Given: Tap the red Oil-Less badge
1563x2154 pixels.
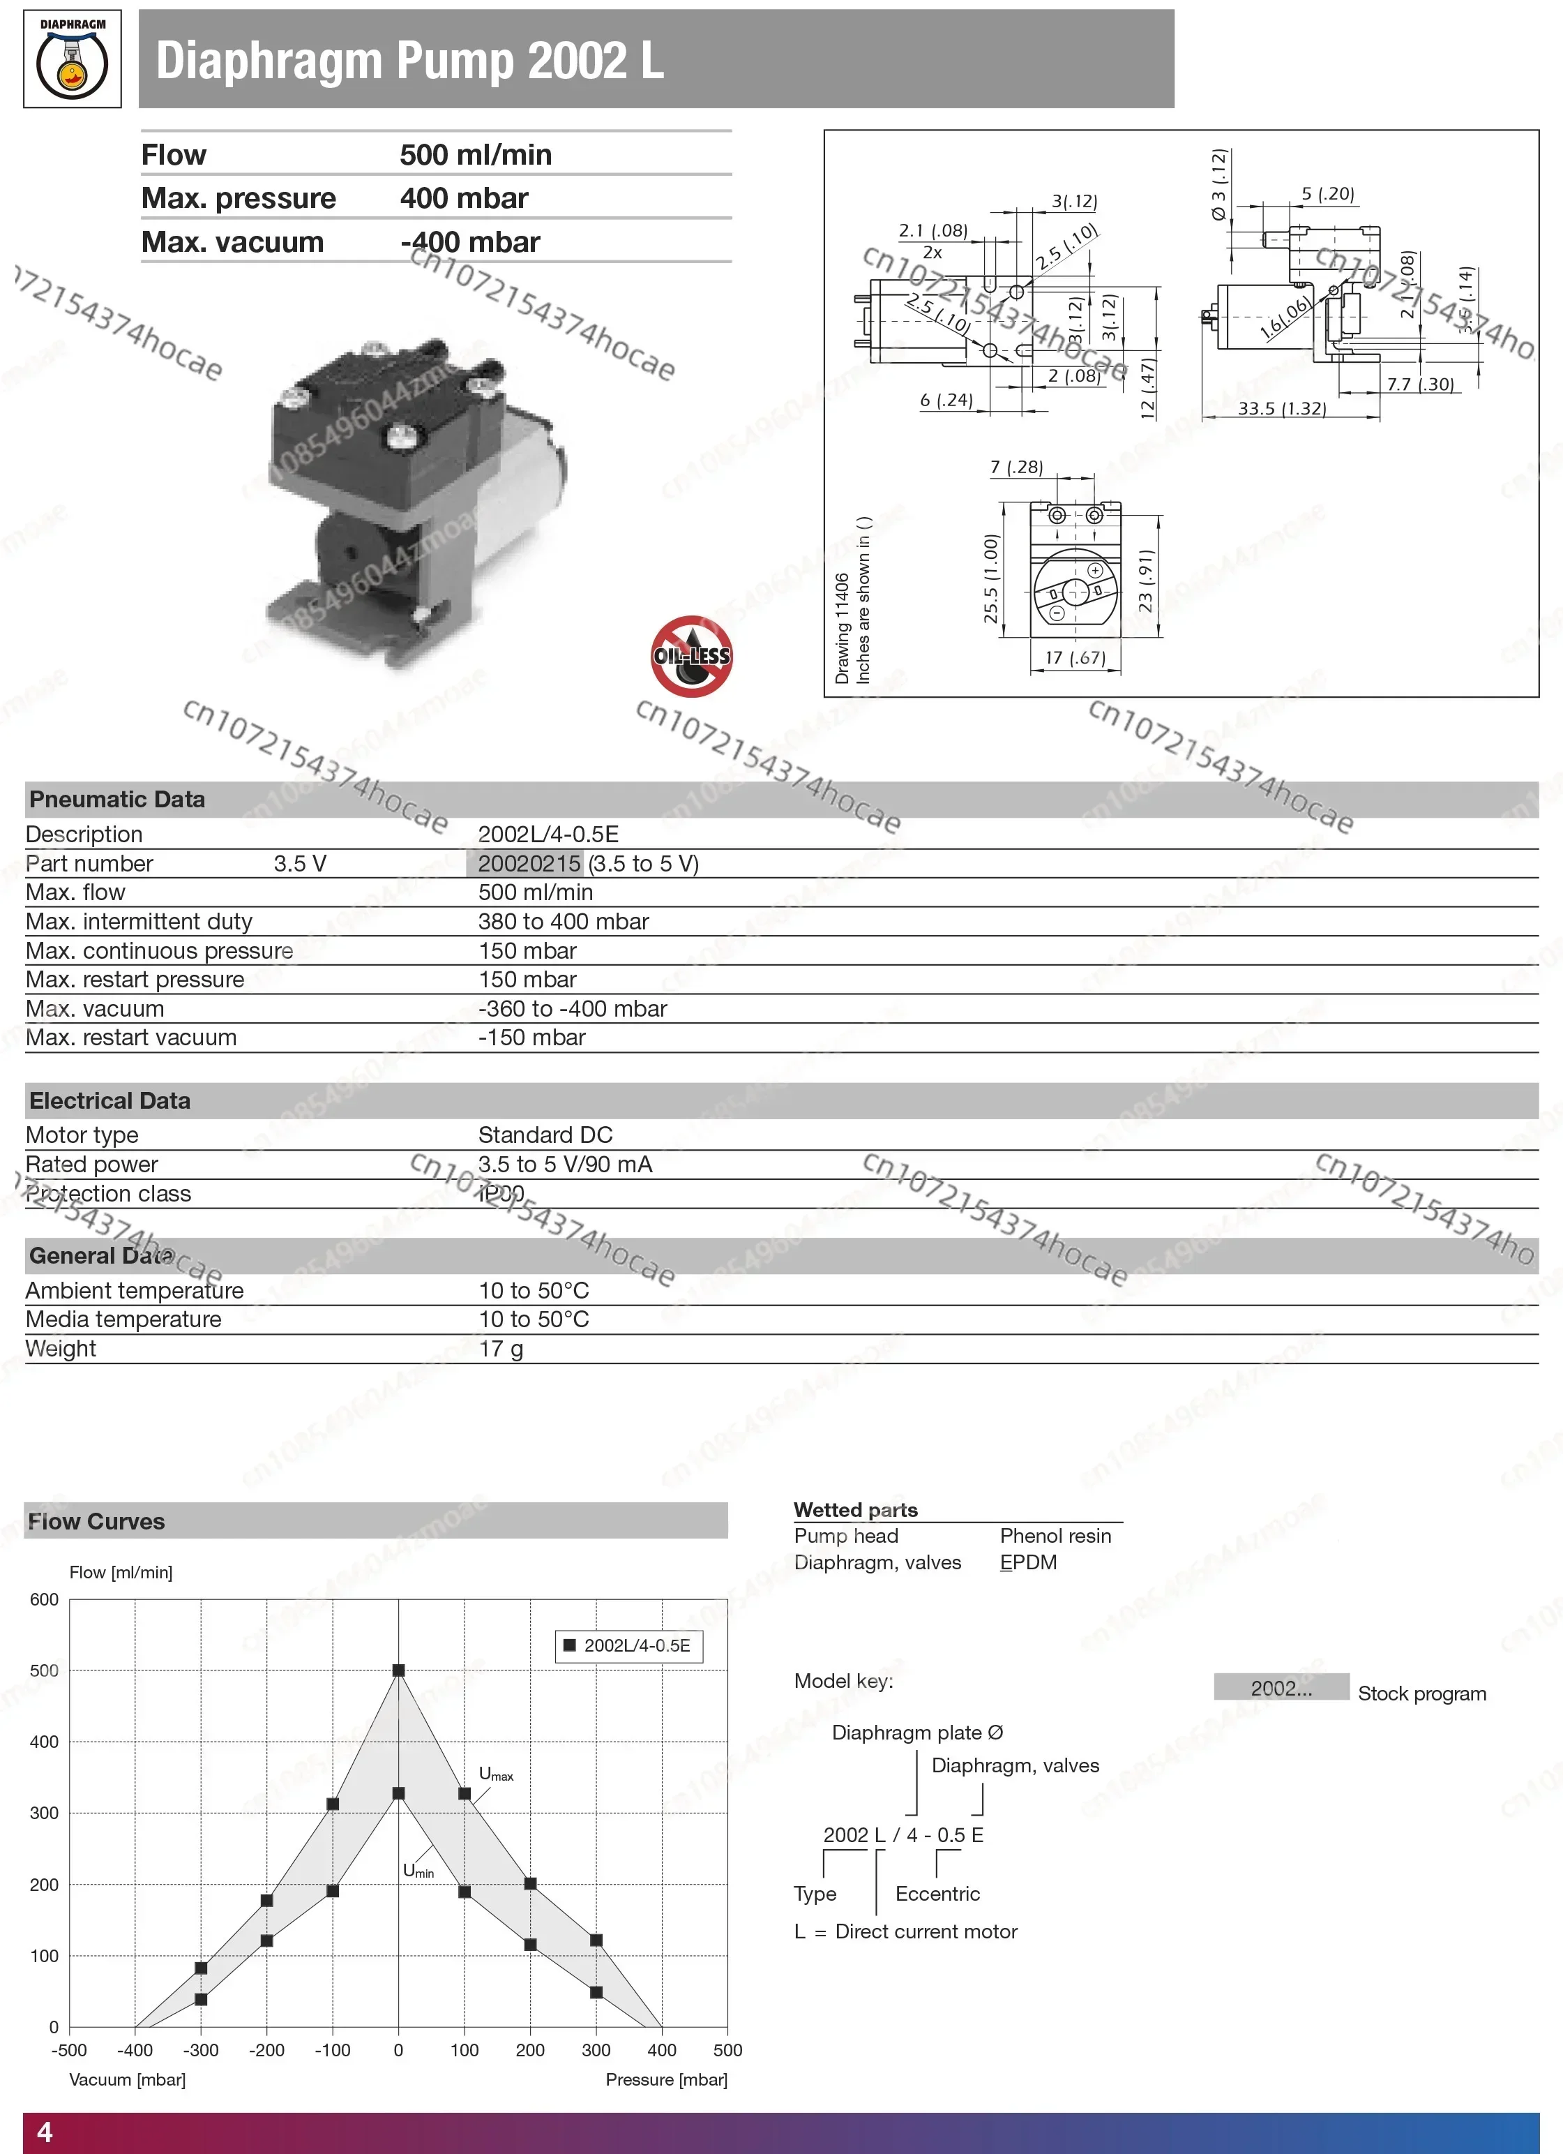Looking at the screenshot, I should (x=691, y=655).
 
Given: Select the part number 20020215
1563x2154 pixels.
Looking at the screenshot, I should (x=529, y=863).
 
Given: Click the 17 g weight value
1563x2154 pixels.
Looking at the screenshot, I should (x=501, y=1349).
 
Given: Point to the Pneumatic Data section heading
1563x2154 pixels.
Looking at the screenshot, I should (x=116, y=800).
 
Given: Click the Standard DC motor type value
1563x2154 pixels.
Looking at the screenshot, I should (x=545, y=1135).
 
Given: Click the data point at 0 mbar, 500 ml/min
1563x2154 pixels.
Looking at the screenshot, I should (x=399, y=1670).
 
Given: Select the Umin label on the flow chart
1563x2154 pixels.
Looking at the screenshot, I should (x=418, y=1871).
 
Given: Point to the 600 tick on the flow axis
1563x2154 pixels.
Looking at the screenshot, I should (x=45, y=1599).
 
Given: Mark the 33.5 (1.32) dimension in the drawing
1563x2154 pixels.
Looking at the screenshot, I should (x=1281, y=408).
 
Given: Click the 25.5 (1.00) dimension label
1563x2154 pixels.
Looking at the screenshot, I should (x=991, y=578).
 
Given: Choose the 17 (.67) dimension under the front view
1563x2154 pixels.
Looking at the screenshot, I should (x=1075, y=657).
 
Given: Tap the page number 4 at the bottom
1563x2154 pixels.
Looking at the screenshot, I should (x=45, y=2132).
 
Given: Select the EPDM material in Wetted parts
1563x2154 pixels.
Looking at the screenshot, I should (x=1027, y=1562).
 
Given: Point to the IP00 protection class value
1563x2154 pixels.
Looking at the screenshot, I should (x=501, y=1194).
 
